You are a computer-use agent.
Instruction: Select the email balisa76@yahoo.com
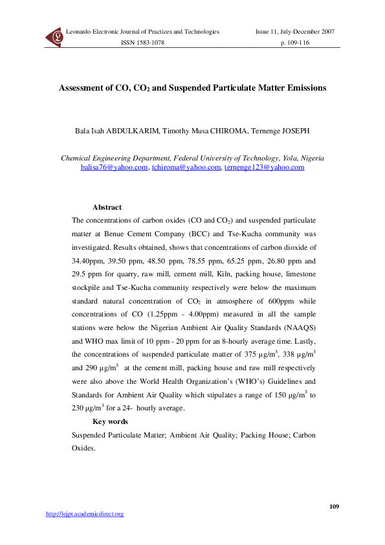[114, 168]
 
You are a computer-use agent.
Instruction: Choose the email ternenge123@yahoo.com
[263, 168]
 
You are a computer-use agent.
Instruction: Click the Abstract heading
[107, 207]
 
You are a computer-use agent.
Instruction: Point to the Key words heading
[110, 421]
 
